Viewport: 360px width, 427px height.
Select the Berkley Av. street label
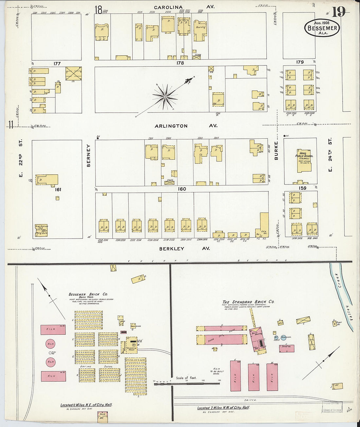coord(185,249)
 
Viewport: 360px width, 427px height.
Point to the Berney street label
coord(88,156)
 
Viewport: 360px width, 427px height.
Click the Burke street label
coord(276,151)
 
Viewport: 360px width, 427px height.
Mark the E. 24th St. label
coord(330,154)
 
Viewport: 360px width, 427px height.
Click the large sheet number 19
coord(339,12)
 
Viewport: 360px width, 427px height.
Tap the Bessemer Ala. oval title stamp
coord(322,28)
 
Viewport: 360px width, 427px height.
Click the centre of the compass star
coord(165,97)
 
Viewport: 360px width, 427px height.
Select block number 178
coord(180,63)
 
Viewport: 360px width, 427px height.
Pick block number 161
coord(58,189)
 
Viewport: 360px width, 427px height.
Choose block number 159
coord(302,188)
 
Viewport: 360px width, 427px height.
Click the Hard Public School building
coord(304,161)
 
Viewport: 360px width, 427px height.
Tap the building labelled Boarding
coord(200,30)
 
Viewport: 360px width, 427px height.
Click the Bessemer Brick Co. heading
coord(88,294)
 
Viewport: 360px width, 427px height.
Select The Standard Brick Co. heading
coord(248,302)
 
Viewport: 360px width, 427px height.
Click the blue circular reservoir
coord(283,337)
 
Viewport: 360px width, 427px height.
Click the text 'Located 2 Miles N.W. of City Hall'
coord(223,408)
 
